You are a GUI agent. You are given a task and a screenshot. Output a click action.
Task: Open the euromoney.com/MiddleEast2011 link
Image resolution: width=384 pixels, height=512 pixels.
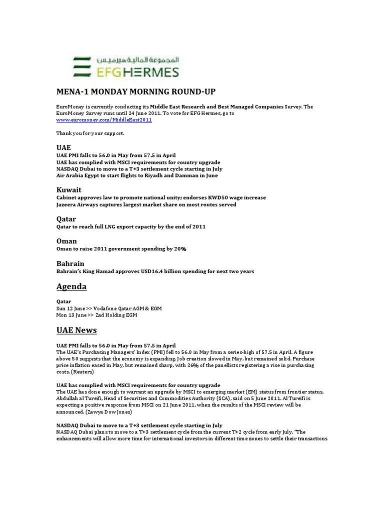(x=103, y=120)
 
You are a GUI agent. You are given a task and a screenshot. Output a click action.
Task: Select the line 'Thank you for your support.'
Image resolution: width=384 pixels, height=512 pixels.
(x=90, y=133)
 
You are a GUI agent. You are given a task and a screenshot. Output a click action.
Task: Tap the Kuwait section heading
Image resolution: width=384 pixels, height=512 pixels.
(x=68, y=190)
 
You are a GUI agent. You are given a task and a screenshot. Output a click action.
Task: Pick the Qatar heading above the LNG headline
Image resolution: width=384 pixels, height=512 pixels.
(x=66, y=219)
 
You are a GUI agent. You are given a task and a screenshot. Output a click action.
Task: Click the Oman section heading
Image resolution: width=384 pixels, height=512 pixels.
(x=66, y=241)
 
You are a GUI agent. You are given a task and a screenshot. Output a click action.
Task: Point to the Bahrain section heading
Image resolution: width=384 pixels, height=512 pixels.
(x=70, y=263)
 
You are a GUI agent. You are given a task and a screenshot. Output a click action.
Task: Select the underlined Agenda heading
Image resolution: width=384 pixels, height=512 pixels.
(x=71, y=286)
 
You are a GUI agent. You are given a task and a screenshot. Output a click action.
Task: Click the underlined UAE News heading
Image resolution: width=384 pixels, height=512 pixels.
(x=76, y=330)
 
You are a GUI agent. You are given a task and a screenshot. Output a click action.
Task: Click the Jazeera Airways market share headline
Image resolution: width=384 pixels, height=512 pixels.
(x=146, y=204)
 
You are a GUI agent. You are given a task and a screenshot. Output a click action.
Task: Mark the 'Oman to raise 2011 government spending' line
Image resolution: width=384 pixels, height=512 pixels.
(x=121, y=249)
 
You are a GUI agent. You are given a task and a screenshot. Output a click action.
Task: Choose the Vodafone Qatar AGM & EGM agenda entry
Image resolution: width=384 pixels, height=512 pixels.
(x=108, y=308)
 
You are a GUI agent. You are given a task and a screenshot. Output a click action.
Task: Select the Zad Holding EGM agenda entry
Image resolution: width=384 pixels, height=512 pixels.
(x=96, y=315)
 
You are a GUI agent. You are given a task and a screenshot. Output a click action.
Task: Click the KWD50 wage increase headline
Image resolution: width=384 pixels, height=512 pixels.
(x=160, y=197)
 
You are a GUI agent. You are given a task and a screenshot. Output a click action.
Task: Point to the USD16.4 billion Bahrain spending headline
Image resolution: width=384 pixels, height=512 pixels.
(x=155, y=271)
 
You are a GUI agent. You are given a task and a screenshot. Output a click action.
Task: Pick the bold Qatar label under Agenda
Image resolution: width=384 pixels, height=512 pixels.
(x=63, y=301)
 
